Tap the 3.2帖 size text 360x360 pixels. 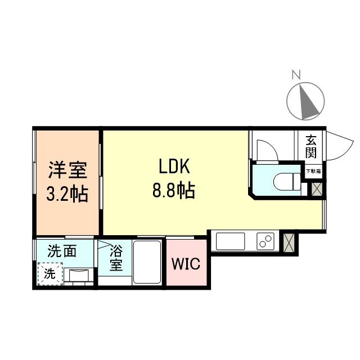tap(67, 195)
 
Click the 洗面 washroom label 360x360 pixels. tap(61, 251)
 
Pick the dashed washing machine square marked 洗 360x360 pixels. tap(50, 275)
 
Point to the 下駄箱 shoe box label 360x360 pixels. tap(313, 170)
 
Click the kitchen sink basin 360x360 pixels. tap(230, 242)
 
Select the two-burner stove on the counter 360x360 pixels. tap(264, 242)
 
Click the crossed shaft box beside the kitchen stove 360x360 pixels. tap(290, 241)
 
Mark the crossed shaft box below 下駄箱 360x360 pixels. tap(317, 188)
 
